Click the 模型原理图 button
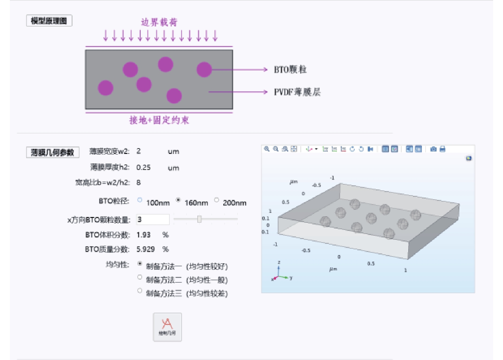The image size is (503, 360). [49, 21]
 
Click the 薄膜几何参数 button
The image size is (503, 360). [52, 152]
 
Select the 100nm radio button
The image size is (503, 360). [140, 200]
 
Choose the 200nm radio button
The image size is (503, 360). [216, 200]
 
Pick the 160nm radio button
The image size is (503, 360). [178, 200]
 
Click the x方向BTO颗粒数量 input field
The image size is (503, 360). [153, 220]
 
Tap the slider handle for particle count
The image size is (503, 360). [199, 219]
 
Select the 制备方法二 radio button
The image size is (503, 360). [140, 277]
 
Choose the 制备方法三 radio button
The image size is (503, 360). [140, 291]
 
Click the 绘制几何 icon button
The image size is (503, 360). [167, 327]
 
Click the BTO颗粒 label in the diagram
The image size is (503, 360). [290, 69]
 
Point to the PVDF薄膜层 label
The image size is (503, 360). [297, 92]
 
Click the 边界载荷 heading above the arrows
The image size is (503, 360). [159, 22]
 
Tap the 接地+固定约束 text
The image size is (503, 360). [159, 120]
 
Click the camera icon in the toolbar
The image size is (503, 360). [433, 149]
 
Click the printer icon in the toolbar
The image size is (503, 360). [442, 149]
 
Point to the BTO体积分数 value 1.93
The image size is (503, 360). [143, 235]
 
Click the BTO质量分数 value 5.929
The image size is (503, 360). [146, 249]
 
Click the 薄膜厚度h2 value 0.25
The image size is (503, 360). [143, 168]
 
